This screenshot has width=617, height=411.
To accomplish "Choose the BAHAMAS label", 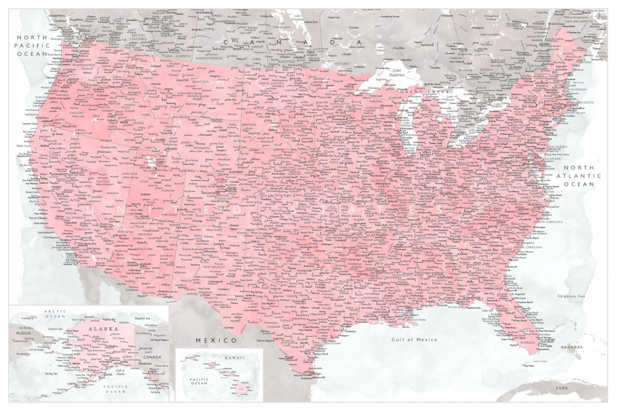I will click(571, 347).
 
